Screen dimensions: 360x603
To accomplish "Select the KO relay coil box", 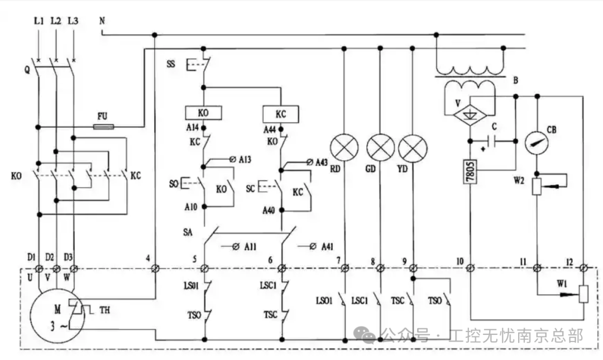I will point(203,113).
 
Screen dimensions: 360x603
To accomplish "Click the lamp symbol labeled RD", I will point(343,148).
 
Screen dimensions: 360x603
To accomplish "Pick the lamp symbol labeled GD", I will point(380,148).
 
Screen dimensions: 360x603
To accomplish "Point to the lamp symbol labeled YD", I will point(413,148).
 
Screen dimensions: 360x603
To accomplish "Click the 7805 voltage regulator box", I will point(471,170).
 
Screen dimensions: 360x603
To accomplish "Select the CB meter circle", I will point(537,142).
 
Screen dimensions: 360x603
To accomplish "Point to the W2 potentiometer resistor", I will point(537,186).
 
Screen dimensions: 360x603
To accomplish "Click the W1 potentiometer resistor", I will point(584,294).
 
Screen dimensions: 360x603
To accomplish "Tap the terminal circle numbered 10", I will point(471,269).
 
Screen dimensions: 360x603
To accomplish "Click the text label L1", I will point(38,21).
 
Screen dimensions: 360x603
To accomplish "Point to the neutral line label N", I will point(102,21).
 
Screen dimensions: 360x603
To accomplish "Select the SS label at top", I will point(171,64).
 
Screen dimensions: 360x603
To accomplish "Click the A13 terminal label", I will point(245,160).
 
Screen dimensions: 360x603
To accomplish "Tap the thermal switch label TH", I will point(104,309).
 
